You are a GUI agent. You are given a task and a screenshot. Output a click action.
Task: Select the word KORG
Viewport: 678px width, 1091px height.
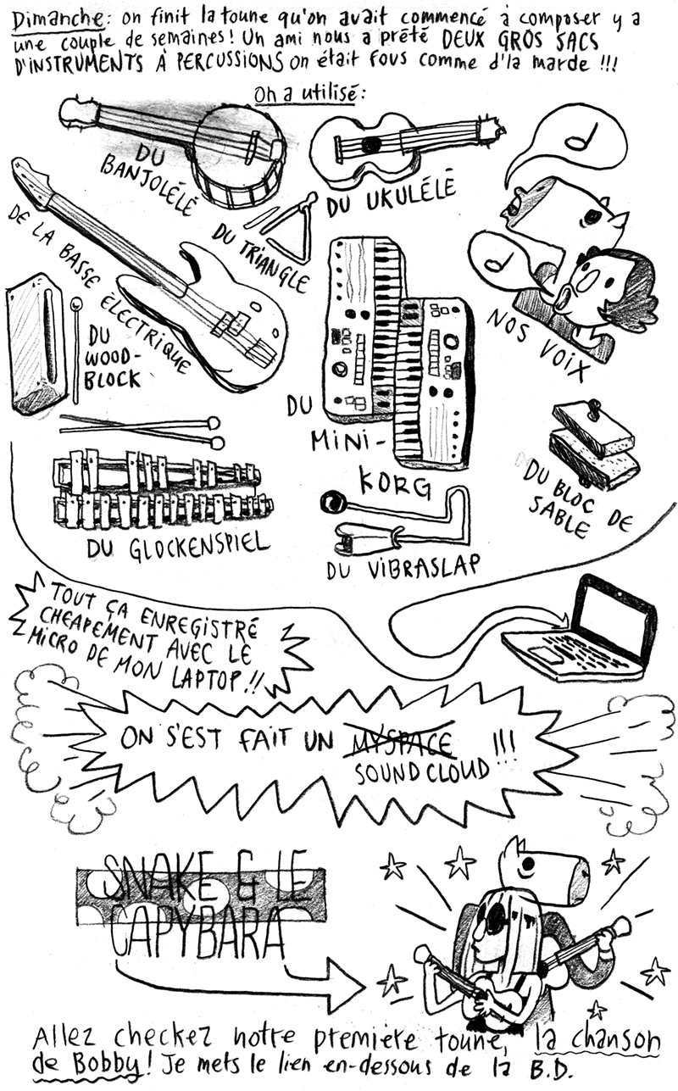pos(396,484)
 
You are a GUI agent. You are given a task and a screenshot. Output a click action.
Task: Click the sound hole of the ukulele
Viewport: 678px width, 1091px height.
pos(373,143)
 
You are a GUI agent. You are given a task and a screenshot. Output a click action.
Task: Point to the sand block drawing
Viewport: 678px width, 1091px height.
pos(593,444)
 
